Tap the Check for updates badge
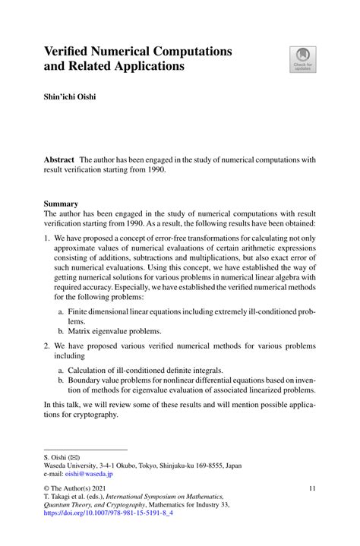click(x=304, y=59)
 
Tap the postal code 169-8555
click(x=224, y=466)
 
